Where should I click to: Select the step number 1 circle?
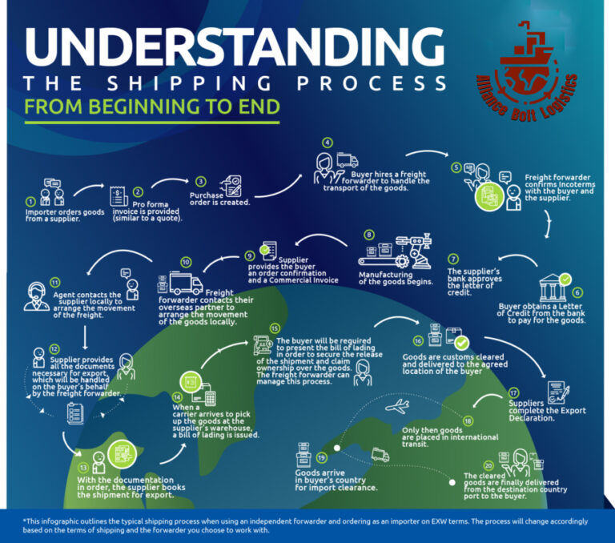pos(31,202)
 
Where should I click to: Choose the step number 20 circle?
pos(488,465)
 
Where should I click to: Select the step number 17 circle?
pos(512,392)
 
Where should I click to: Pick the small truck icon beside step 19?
pos(380,456)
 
